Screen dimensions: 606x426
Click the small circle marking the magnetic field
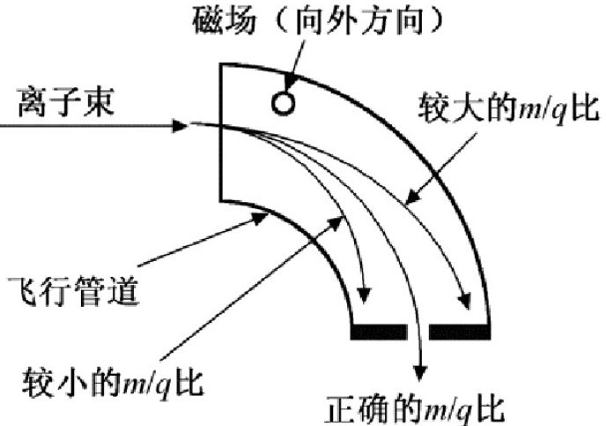(282, 103)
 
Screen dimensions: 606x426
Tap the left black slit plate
(378, 332)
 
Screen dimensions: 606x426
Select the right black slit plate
(459, 332)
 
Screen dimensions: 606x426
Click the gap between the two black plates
(418, 332)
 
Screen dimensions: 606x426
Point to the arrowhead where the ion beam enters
(182, 126)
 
